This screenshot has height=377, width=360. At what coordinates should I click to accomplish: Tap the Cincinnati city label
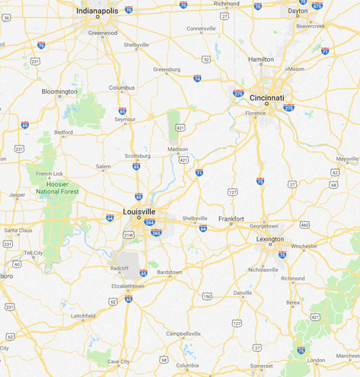[x=266, y=97]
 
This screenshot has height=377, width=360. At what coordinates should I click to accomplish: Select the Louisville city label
[x=139, y=211]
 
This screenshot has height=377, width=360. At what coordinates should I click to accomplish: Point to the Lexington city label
[x=270, y=239]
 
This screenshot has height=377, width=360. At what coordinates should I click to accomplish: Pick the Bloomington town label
[x=59, y=91]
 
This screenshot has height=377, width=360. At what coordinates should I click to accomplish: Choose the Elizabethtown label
[x=127, y=286]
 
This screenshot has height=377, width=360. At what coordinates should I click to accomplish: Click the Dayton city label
[x=298, y=11]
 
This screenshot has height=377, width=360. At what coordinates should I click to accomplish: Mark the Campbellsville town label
[x=183, y=333]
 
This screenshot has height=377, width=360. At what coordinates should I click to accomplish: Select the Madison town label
[x=177, y=149]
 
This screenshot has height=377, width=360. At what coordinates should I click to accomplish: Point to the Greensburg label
[x=167, y=69]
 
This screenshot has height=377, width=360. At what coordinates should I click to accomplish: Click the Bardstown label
[x=169, y=272]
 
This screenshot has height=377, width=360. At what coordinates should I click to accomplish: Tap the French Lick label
[x=49, y=174]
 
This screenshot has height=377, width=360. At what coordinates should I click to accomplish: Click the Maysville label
[x=347, y=158]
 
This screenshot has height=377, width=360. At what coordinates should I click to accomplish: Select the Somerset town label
[x=261, y=366]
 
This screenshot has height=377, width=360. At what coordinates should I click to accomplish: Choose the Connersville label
[x=201, y=29]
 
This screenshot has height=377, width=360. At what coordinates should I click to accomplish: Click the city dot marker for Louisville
[x=139, y=218]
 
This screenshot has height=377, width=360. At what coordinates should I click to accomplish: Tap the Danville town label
[x=243, y=292]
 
